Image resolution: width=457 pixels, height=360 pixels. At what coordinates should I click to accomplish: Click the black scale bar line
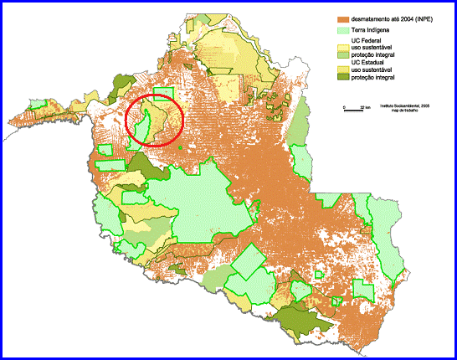[355, 110]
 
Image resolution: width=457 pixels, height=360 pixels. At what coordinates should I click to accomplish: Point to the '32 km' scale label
[365, 106]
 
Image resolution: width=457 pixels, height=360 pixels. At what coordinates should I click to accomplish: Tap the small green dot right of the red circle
[179, 151]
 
